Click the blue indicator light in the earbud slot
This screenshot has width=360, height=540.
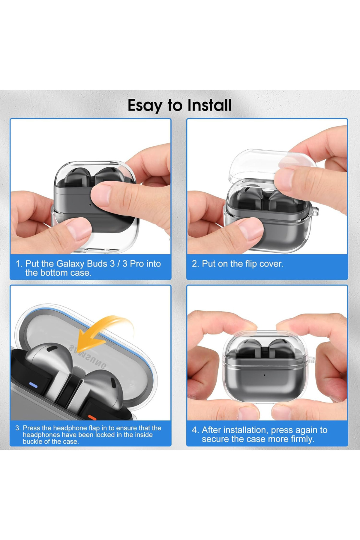(x=33, y=385)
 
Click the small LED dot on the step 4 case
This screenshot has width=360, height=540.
(x=265, y=375)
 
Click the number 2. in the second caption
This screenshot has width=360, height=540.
(x=195, y=264)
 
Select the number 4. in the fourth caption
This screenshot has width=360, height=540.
(x=195, y=430)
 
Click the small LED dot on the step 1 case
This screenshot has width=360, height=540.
(x=90, y=205)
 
